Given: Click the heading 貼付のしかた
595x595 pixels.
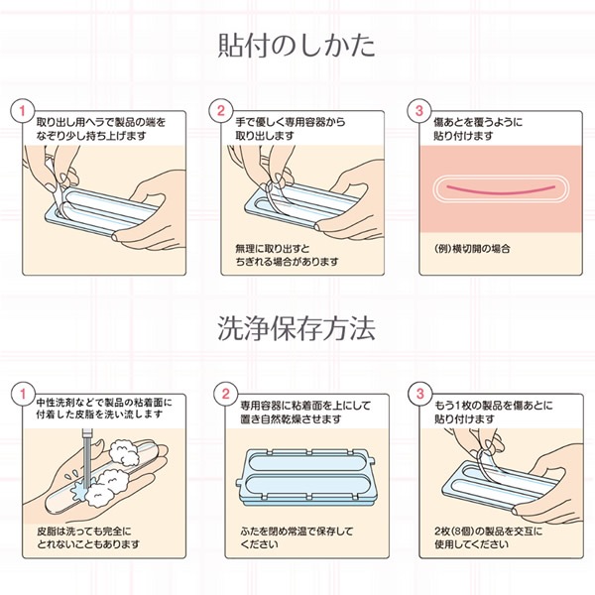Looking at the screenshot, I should (297, 46).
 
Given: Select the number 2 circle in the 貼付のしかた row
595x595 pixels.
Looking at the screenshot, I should (222, 109).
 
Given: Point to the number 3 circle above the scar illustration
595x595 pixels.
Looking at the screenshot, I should (419, 109).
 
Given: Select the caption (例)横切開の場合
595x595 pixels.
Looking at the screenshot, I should (470, 246).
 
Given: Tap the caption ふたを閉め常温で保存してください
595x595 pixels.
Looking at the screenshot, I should (284, 536).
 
